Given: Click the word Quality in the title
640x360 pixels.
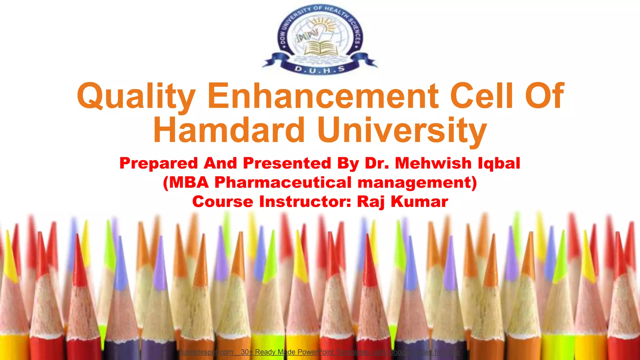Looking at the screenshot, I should click(136, 96).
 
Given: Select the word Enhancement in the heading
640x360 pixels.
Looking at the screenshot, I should click(323, 95).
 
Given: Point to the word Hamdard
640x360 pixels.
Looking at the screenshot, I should click(229, 130).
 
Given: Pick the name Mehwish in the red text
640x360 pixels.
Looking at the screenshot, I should click(433, 163).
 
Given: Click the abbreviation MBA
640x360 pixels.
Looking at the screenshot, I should click(189, 182).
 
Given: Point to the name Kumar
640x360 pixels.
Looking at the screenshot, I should click(419, 202).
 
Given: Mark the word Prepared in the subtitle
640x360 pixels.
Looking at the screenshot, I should click(159, 163).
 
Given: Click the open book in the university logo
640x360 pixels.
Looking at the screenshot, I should click(320, 48).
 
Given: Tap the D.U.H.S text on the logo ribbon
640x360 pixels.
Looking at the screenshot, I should click(320, 69).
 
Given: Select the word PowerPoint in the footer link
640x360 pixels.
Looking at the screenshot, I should click(316, 352).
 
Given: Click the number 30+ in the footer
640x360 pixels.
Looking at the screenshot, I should click(247, 352).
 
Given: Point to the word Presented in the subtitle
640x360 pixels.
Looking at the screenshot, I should click(287, 163).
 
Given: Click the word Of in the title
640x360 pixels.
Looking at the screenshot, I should click(544, 95).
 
